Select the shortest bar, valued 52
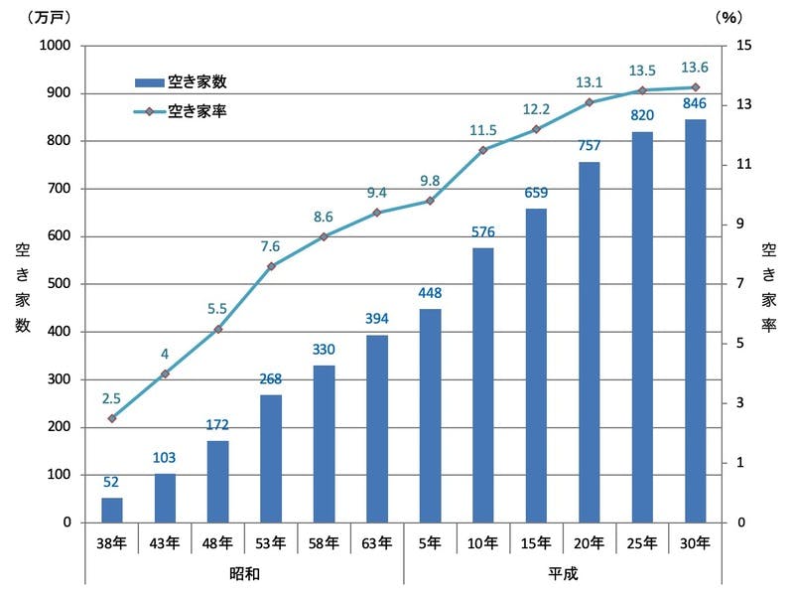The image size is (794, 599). coord(112,510)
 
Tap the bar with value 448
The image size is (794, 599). coord(430,415)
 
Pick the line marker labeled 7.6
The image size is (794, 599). coord(271,266)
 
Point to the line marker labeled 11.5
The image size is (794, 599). coord(483,150)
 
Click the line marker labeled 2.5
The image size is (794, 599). coord(112,418)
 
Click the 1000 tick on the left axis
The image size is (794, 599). coord(54,46)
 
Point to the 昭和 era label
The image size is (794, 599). coord(244,574)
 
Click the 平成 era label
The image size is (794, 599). coord(562,574)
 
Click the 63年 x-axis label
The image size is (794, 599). coord(377,542)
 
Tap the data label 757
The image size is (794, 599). coord(589,147)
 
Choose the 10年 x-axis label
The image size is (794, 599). coord(483,542)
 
